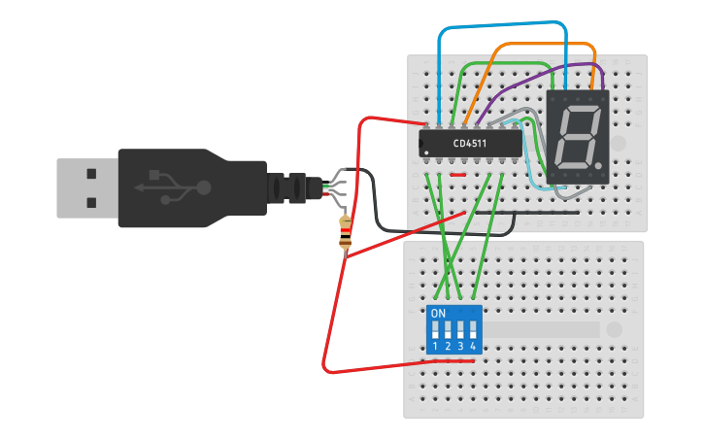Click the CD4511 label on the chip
tap(470, 144)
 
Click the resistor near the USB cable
tap(345, 233)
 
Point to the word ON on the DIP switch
tap(438, 314)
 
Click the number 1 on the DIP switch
tap(436, 347)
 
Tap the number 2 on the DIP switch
tap(449, 347)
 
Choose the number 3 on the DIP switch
tap(460, 347)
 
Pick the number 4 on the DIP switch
tap(473, 347)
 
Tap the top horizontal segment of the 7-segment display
tap(580, 109)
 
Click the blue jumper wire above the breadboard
tap(500, 23)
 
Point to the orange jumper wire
tap(544, 45)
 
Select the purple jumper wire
tap(544, 71)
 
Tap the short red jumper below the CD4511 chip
tap(458, 175)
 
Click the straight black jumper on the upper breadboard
tap(524, 213)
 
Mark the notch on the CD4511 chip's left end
tap(422, 144)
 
